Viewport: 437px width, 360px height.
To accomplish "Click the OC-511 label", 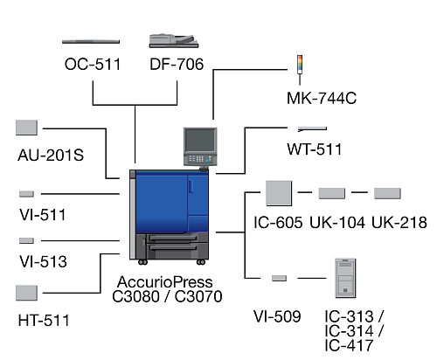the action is [x=93, y=64].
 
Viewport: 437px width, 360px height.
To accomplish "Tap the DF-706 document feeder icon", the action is [x=174, y=41].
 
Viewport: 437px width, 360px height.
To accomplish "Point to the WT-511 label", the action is [x=314, y=149].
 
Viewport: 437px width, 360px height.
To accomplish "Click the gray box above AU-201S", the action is [x=26, y=128].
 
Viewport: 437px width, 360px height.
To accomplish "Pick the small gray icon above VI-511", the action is [x=26, y=194].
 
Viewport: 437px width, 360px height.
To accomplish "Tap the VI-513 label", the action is [x=43, y=261].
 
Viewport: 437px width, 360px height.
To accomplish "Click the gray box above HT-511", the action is [x=26, y=293].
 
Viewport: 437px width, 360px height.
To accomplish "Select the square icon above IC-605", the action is [x=279, y=193].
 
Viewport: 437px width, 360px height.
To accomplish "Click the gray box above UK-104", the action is [x=332, y=193].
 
